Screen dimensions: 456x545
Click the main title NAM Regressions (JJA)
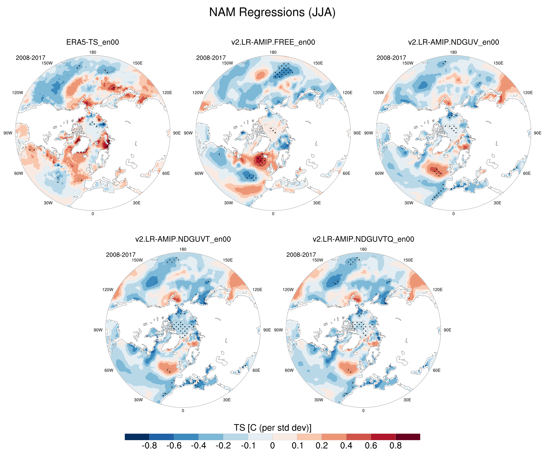pos(272,12)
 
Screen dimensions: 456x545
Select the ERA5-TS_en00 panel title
pos(93,42)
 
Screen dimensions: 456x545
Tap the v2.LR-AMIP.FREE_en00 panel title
pos(273,42)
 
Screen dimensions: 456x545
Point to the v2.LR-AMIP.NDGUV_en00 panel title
pos(453,42)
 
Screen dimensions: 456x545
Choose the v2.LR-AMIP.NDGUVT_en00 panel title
pos(183,239)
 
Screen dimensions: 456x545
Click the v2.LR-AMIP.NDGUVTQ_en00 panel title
pos(363,239)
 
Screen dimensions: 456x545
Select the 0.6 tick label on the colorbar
pos(371,446)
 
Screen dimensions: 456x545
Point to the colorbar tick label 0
pos(272,446)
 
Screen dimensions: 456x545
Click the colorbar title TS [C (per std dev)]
pos(272,428)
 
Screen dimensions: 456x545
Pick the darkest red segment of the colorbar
pos(408,437)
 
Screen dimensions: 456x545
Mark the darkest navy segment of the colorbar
pos(137,437)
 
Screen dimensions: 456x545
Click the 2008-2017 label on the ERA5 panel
pos(31,58)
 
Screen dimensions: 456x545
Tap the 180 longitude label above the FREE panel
pos(273,52)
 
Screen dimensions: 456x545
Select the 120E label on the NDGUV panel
pos(528,93)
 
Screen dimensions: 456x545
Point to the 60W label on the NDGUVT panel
pos(109,370)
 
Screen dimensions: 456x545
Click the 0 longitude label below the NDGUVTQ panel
pos(363,410)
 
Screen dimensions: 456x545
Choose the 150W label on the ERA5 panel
pos(47,63)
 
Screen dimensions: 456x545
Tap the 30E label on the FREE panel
pos(317,203)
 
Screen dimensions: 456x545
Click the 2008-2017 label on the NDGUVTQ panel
pos(301,255)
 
